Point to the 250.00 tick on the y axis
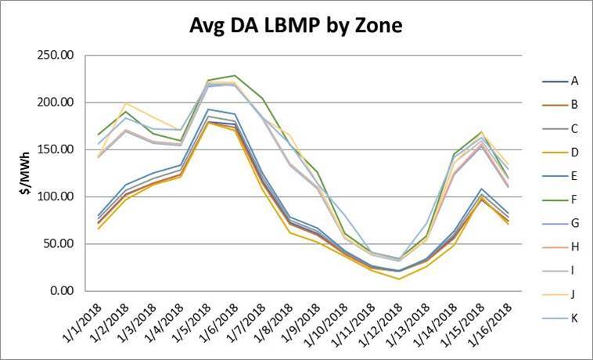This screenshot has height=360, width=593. coord(56,56)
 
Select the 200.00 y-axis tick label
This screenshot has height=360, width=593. coord(56,103)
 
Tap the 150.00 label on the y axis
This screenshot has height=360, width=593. coord(56,149)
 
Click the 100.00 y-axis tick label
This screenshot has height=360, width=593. coord(56,196)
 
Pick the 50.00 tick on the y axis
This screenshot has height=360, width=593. coord(59,243)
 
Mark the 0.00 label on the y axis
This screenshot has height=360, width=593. coord(62,290)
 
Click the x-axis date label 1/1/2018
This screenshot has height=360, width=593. coord(84,322)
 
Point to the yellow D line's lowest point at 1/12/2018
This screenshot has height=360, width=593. coord(400,279)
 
